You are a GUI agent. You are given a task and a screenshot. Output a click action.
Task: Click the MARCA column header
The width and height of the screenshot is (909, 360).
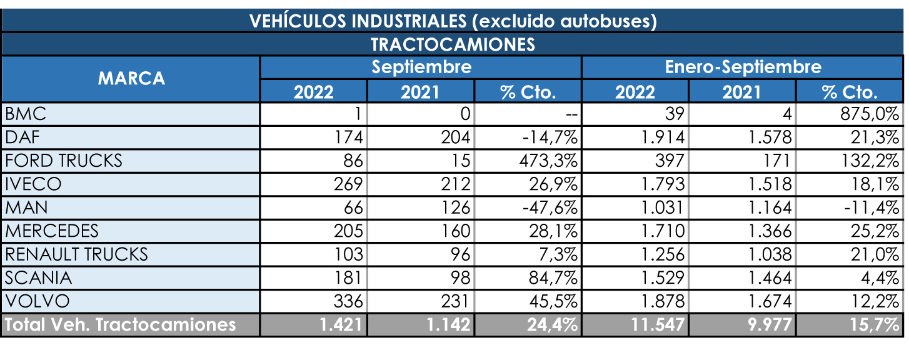click(x=131, y=79)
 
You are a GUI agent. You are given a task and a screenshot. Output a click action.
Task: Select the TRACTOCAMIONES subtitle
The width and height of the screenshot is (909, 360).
click(x=453, y=45)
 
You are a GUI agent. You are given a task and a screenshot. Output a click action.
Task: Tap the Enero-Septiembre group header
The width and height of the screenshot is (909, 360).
click(x=743, y=67)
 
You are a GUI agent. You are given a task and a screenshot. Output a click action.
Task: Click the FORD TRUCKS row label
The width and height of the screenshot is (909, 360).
click(x=64, y=161)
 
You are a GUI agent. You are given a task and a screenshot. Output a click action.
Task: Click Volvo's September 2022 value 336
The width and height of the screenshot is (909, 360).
click(x=348, y=301)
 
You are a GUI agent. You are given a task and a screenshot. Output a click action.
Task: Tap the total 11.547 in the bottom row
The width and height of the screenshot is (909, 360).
click(x=660, y=325)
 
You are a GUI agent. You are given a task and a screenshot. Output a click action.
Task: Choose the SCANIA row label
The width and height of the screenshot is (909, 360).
click(x=38, y=278)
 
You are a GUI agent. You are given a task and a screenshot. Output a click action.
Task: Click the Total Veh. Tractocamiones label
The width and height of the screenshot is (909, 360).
click(x=120, y=325)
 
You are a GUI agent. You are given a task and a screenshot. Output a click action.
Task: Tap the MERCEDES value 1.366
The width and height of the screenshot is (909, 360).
click(x=770, y=231)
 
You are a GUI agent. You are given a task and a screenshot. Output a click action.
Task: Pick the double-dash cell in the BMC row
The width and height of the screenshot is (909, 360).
click(x=570, y=114)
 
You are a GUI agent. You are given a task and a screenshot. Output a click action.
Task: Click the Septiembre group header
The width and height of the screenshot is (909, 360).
click(x=421, y=67)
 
